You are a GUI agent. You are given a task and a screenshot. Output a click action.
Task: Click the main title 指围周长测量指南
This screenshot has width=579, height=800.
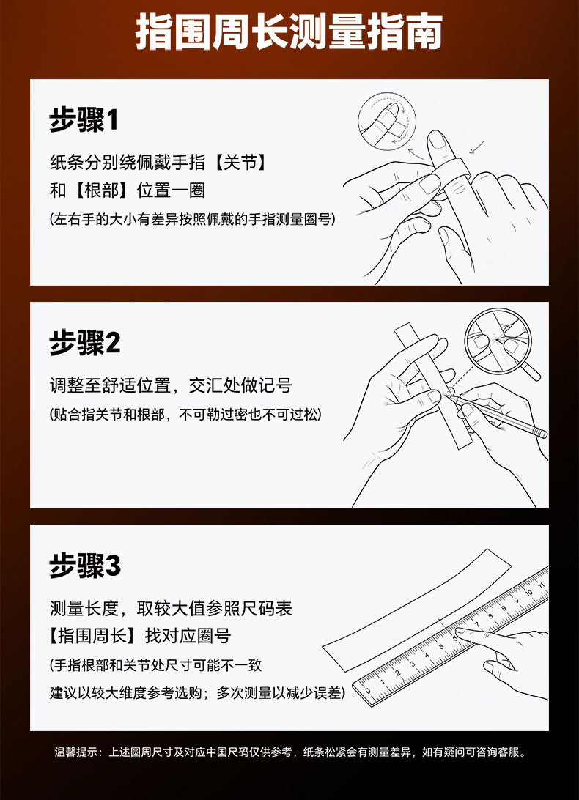289,32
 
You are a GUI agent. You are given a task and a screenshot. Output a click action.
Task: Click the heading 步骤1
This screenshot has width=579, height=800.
84,120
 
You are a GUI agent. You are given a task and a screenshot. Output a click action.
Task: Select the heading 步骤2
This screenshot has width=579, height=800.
85,342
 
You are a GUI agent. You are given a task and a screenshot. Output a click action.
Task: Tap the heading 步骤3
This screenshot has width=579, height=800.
85,566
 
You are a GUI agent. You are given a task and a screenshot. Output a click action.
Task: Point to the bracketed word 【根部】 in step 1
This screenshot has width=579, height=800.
100,190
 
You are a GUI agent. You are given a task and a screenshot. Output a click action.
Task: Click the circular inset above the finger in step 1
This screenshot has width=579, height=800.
386,122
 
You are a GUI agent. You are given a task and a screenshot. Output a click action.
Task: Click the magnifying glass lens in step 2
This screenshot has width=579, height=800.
498,341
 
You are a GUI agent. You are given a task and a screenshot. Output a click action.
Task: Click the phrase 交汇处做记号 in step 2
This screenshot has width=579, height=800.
240,385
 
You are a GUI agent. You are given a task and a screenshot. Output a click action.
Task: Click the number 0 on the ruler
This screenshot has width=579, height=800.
368,691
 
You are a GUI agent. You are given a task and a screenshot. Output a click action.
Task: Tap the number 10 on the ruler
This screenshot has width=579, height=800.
528,593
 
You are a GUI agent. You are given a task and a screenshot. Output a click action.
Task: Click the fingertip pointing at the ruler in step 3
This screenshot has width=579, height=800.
460,632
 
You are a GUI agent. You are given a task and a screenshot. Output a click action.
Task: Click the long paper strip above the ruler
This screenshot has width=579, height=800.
417,610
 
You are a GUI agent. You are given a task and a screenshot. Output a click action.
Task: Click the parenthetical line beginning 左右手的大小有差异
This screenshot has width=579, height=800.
193,219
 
